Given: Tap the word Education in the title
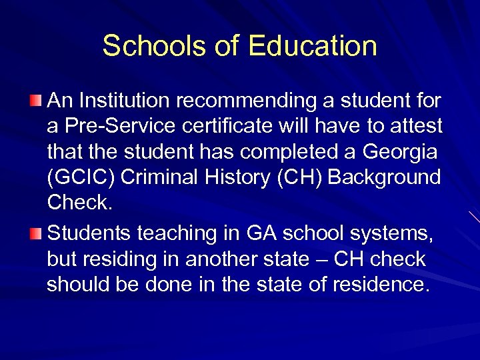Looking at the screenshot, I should click(x=313, y=46).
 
